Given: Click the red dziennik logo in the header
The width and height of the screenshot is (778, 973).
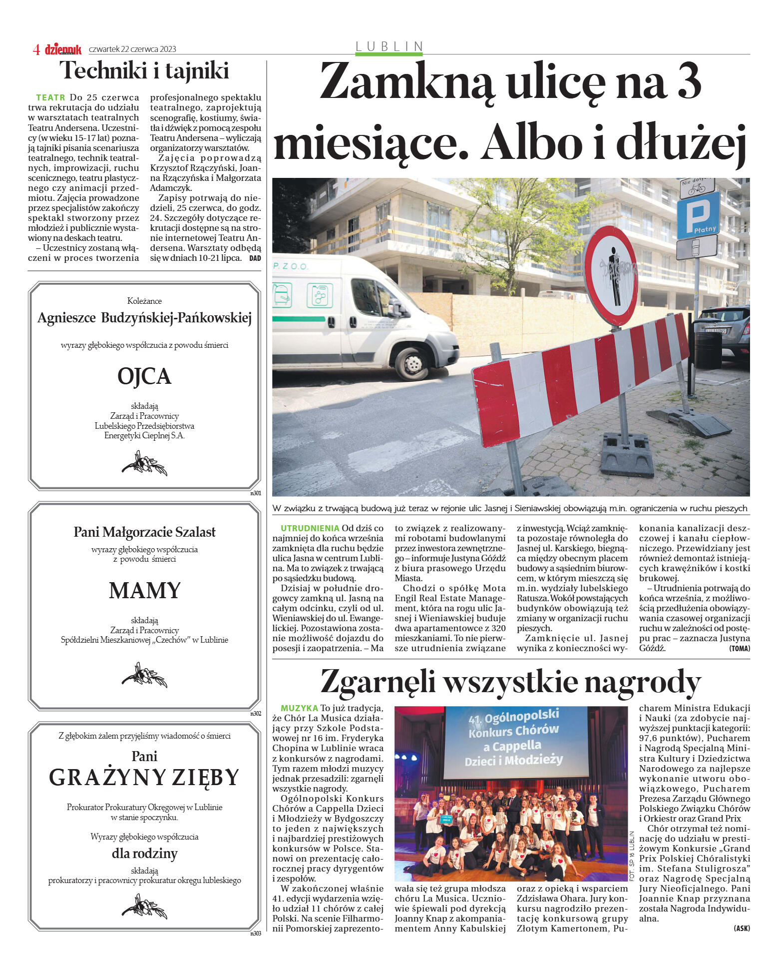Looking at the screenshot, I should tap(63, 49).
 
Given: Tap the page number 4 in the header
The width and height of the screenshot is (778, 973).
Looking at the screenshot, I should tap(36, 49).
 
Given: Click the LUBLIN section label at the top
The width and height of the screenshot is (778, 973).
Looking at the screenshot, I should tap(389, 46).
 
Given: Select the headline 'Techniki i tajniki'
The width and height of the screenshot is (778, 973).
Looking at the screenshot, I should tap(144, 70).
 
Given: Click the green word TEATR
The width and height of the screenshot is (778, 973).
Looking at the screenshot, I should tap(50, 97).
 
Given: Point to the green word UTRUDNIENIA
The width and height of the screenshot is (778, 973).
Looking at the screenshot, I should tap(310, 528).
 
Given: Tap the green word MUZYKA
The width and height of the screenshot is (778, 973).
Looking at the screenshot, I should tap(299, 708).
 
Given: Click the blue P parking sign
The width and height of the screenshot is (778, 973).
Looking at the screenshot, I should tap(698, 215).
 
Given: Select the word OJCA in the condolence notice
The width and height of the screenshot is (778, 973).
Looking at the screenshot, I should tap(144, 376).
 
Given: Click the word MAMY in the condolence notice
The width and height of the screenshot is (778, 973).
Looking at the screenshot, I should tap(144, 590).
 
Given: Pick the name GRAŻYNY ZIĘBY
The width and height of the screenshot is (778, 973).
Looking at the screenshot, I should tap(144, 777).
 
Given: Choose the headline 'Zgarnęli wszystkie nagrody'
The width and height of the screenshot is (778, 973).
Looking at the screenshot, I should tap(510, 682).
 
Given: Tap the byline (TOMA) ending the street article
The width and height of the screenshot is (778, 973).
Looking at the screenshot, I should tap(739, 649).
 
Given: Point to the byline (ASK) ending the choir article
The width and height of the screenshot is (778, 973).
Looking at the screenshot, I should tap(742, 929).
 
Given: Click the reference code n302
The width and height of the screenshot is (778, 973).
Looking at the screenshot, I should tap(256, 714).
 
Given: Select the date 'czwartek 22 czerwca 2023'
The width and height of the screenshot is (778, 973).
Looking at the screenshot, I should tap(132, 49).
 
